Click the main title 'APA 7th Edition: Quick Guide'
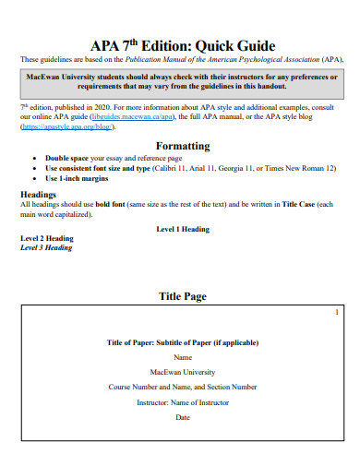click(183, 45)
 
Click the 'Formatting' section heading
click(183, 146)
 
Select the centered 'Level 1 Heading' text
click(183, 229)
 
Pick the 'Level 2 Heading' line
click(47, 238)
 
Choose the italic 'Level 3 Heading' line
click(46, 247)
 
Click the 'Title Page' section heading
click(183, 296)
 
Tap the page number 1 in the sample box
click(337, 314)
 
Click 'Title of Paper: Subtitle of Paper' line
click(183, 342)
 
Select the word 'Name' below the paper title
click(183, 357)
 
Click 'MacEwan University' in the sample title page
click(183, 372)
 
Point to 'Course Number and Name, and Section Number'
click(183, 387)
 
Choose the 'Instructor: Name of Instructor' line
click(183, 402)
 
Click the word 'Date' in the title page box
click(183, 417)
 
